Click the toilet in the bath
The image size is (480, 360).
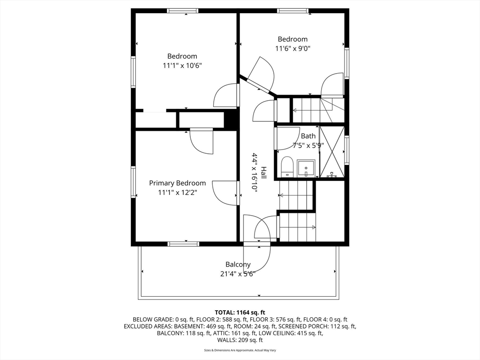tap(287, 166)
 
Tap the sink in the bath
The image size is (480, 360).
tap(306, 168)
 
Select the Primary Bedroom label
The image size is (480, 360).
tap(177, 183)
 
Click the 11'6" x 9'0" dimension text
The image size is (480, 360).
tap(293, 48)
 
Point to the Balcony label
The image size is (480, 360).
tap(238, 264)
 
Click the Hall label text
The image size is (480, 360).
tap(263, 172)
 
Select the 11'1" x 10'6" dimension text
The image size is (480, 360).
tap(182, 66)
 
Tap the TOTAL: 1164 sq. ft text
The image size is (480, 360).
tap(240, 313)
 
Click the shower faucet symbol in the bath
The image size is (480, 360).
tap(331, 175)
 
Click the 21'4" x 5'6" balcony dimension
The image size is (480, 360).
tap(238, 274)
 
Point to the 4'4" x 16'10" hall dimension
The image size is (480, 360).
tap(255, 172)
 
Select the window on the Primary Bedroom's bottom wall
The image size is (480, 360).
tap(183, 244)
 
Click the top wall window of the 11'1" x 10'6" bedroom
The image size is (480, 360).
tap(183, 11)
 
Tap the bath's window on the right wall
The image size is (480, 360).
tap(346, 150)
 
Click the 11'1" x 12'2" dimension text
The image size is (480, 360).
tap(178, 193)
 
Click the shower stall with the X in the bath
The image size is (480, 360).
tap(331, 152)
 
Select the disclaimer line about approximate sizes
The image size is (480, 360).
tap(240, 350)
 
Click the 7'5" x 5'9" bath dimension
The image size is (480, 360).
tap(308, 145)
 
